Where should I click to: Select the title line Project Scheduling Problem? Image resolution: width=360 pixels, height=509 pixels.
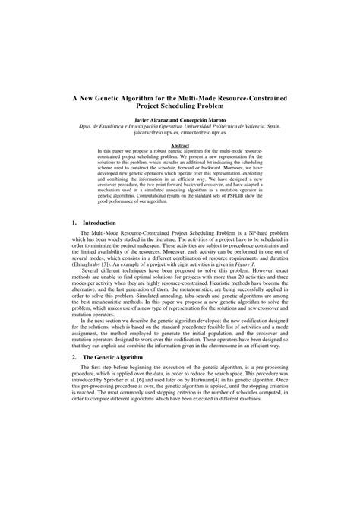(x=180, y=106)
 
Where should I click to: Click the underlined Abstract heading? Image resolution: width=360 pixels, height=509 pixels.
(x=180, y=145)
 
